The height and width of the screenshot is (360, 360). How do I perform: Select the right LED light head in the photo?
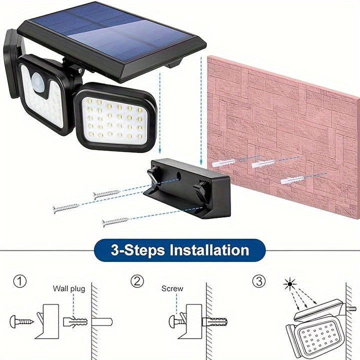(x=114, y=118)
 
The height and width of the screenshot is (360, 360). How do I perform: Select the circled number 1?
(x=19, y=281)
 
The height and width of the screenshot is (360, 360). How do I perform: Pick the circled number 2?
(x=137, y=281)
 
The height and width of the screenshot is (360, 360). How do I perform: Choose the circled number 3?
(x=258, y=281)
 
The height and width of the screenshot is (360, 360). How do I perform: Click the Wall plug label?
(x=69, y=288)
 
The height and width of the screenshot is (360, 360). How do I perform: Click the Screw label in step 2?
(x=172, y=288)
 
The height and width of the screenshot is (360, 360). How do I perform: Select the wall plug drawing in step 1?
(x=75, y=321)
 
